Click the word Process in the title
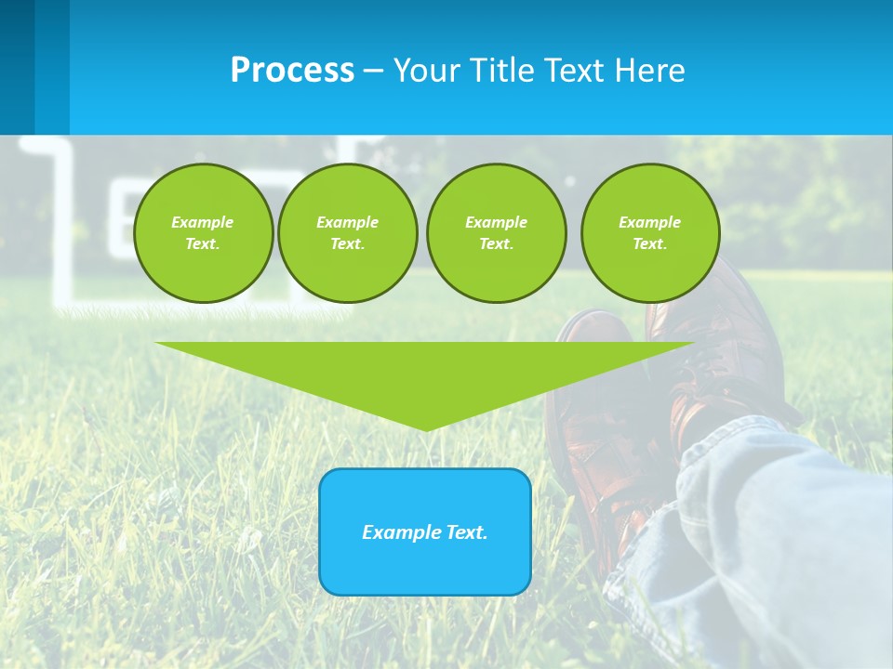pyautogui.click(x=292, y=71)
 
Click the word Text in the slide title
pyautogui.click(x=573, y=71)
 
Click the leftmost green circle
pyautogui.click(x=203, y=233)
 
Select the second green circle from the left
pyautogui.click(x=347, y=233)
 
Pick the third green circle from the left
pyautogui.click(x=496, y=233)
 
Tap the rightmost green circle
pyautogui.click(x=649, y=233)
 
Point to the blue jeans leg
pyautogui.click(x=763, y=530)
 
